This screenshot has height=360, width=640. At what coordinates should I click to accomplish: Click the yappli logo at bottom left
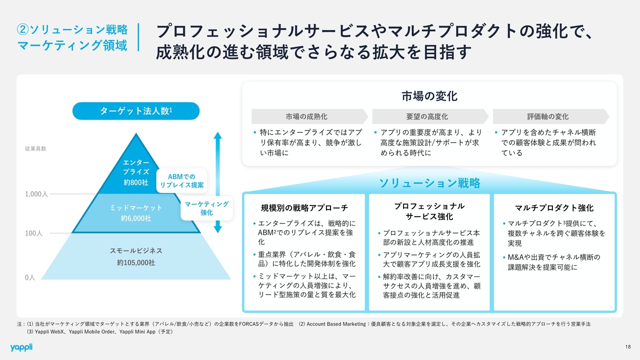[x=21, y=347]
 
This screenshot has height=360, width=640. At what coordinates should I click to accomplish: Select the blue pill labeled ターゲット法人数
[x=136, y=111]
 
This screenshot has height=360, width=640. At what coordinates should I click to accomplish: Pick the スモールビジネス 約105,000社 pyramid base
[x=136, y=256]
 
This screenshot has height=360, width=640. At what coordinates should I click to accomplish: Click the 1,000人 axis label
[x=36, y=194]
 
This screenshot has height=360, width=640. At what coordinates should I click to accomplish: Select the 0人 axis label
[x=30, y=277]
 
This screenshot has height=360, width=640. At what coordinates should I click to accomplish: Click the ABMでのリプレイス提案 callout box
[x=181, y=180]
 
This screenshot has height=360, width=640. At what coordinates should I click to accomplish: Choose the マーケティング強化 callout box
[x=206, y=208]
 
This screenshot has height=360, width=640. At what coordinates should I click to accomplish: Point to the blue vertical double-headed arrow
[x=217, y=182]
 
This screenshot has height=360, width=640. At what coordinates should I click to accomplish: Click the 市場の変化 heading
[x=429, y=95]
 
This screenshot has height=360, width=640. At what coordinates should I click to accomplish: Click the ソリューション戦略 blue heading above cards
[x=429, y=183]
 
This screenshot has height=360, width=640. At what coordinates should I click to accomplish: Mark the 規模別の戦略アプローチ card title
[x=304, y=208]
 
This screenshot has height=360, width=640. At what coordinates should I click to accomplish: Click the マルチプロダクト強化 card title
[x=554, y=208]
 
